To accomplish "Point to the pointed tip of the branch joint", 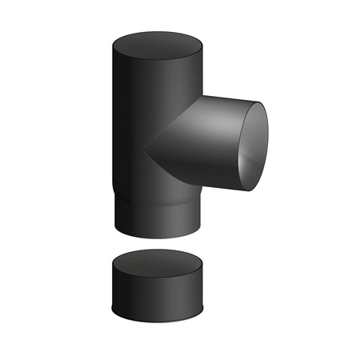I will coord(145,147).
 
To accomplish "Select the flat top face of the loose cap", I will coord(157,262).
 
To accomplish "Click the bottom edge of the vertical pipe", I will coord(157,238).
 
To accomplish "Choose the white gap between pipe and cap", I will coord(157,244).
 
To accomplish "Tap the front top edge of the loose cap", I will coord(157,274).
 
